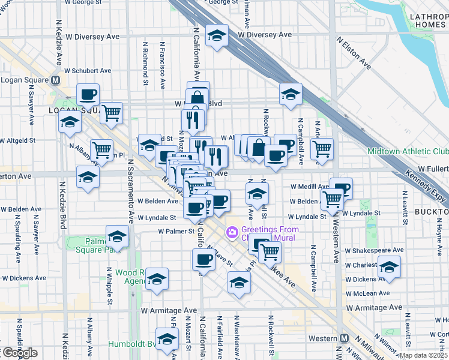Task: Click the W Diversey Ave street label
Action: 264,35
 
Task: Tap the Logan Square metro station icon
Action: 56,80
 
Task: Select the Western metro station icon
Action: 344,337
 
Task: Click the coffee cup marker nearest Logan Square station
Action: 88,94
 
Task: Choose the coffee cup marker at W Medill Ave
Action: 341,188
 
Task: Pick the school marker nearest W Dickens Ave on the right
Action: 389,268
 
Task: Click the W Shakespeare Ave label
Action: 374,250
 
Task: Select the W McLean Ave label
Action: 367,293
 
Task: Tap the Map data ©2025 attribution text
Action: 423,355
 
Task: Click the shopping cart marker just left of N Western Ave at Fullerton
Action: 322,148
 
